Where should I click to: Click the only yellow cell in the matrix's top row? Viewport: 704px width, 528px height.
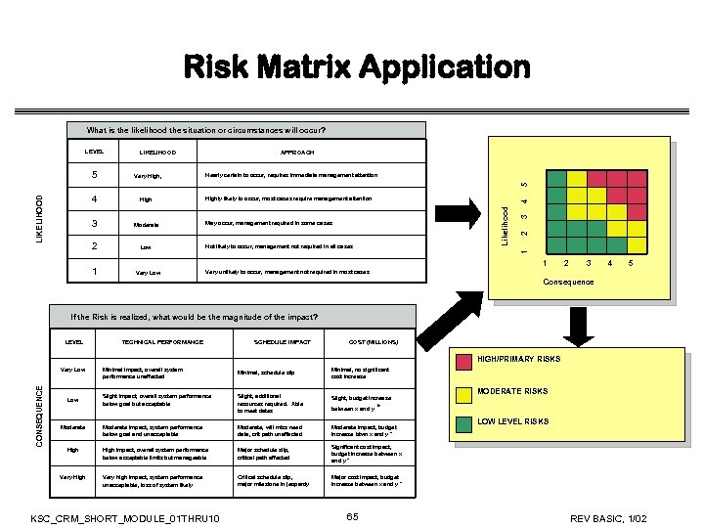pos(577,178)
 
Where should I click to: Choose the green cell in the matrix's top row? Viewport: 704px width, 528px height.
pos(555,178)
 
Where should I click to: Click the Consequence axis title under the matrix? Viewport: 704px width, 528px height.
pos(567,282)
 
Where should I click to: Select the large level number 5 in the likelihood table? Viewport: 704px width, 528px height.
pos(94,176)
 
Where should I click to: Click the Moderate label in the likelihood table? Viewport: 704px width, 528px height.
pos(152,224)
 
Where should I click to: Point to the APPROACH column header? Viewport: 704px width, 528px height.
pos(297,154)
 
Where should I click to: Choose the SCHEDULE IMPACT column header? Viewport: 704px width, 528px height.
pos(282,341)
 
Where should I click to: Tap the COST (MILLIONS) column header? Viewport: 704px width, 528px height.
pos(374,341)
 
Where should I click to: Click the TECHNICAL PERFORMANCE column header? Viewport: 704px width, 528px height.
pos(161,341)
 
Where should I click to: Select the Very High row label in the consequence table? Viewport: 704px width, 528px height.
pos(73,479)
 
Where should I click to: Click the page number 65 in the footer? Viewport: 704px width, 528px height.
pos(355,515)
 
